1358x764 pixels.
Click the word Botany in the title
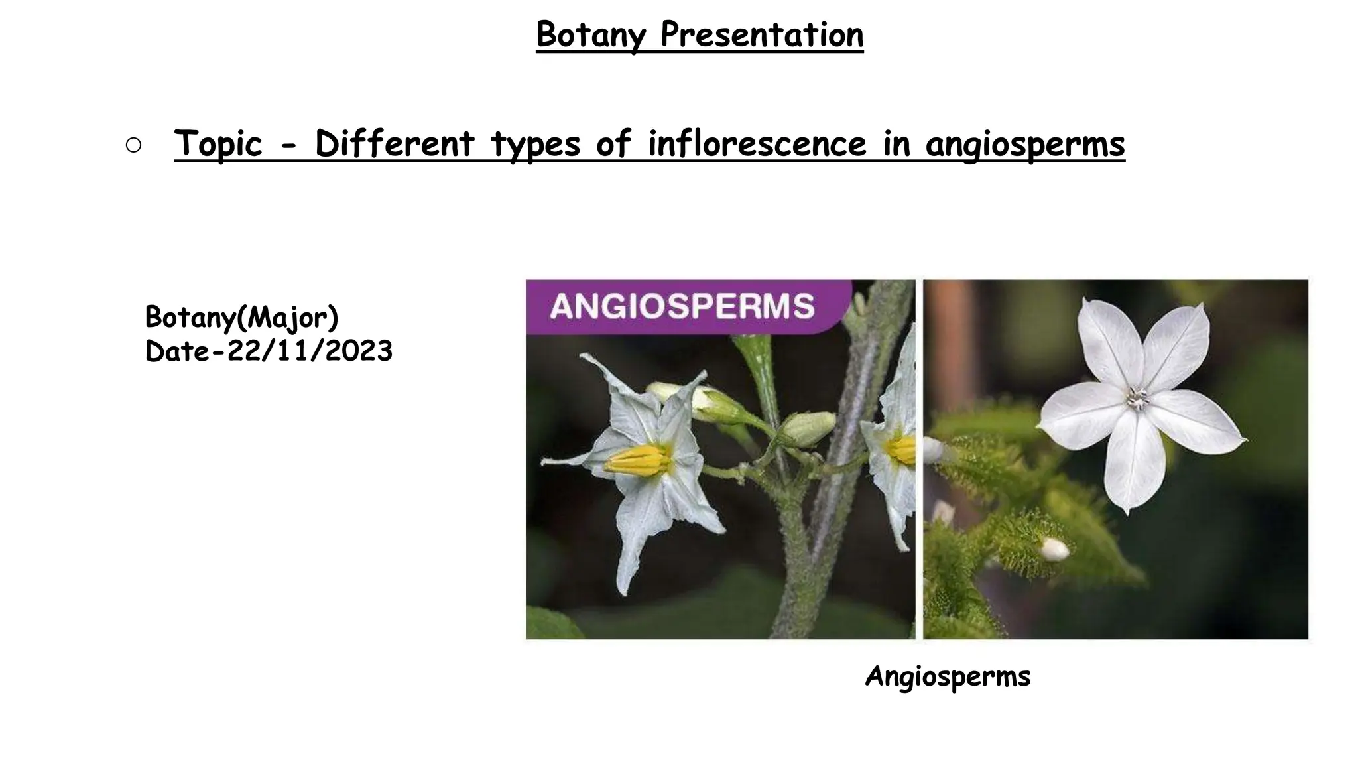(x=590, y=34)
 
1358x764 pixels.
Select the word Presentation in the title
(x=762, y=34)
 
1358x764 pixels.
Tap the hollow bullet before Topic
(x=133, y=146)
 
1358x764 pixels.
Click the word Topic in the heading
(x=218, y=144)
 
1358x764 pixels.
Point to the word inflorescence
(x=757, y=144)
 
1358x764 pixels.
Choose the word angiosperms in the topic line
(x=1025, y=144)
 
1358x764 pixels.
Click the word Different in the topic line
(x=395, y=144)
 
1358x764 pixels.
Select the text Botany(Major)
(x=241, y=318)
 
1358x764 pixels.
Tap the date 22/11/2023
(x=310, y=351)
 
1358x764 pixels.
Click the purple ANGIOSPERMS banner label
(x=682, y=306)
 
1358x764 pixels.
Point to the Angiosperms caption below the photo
(x=948, y=677)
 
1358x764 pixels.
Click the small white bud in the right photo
(x=1054, y=549)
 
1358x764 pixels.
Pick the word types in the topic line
(x=535, y=144)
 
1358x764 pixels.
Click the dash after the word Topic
(x=288, y=146)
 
